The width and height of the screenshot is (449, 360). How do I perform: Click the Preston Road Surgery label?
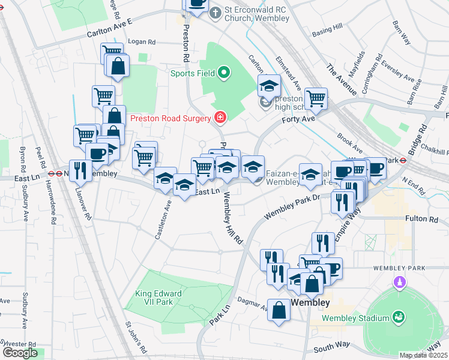174,118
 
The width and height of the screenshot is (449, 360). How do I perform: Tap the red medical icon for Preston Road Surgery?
221,117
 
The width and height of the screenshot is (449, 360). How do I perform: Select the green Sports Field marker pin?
224,74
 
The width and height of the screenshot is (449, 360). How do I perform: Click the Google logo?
20,353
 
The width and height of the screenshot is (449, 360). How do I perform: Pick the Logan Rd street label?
142,42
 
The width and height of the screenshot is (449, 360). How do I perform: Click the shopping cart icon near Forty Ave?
316,98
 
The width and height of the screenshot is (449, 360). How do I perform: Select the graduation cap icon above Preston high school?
269,85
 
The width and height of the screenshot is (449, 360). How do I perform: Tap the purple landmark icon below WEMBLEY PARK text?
398,281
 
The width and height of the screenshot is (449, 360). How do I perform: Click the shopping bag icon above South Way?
279,310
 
